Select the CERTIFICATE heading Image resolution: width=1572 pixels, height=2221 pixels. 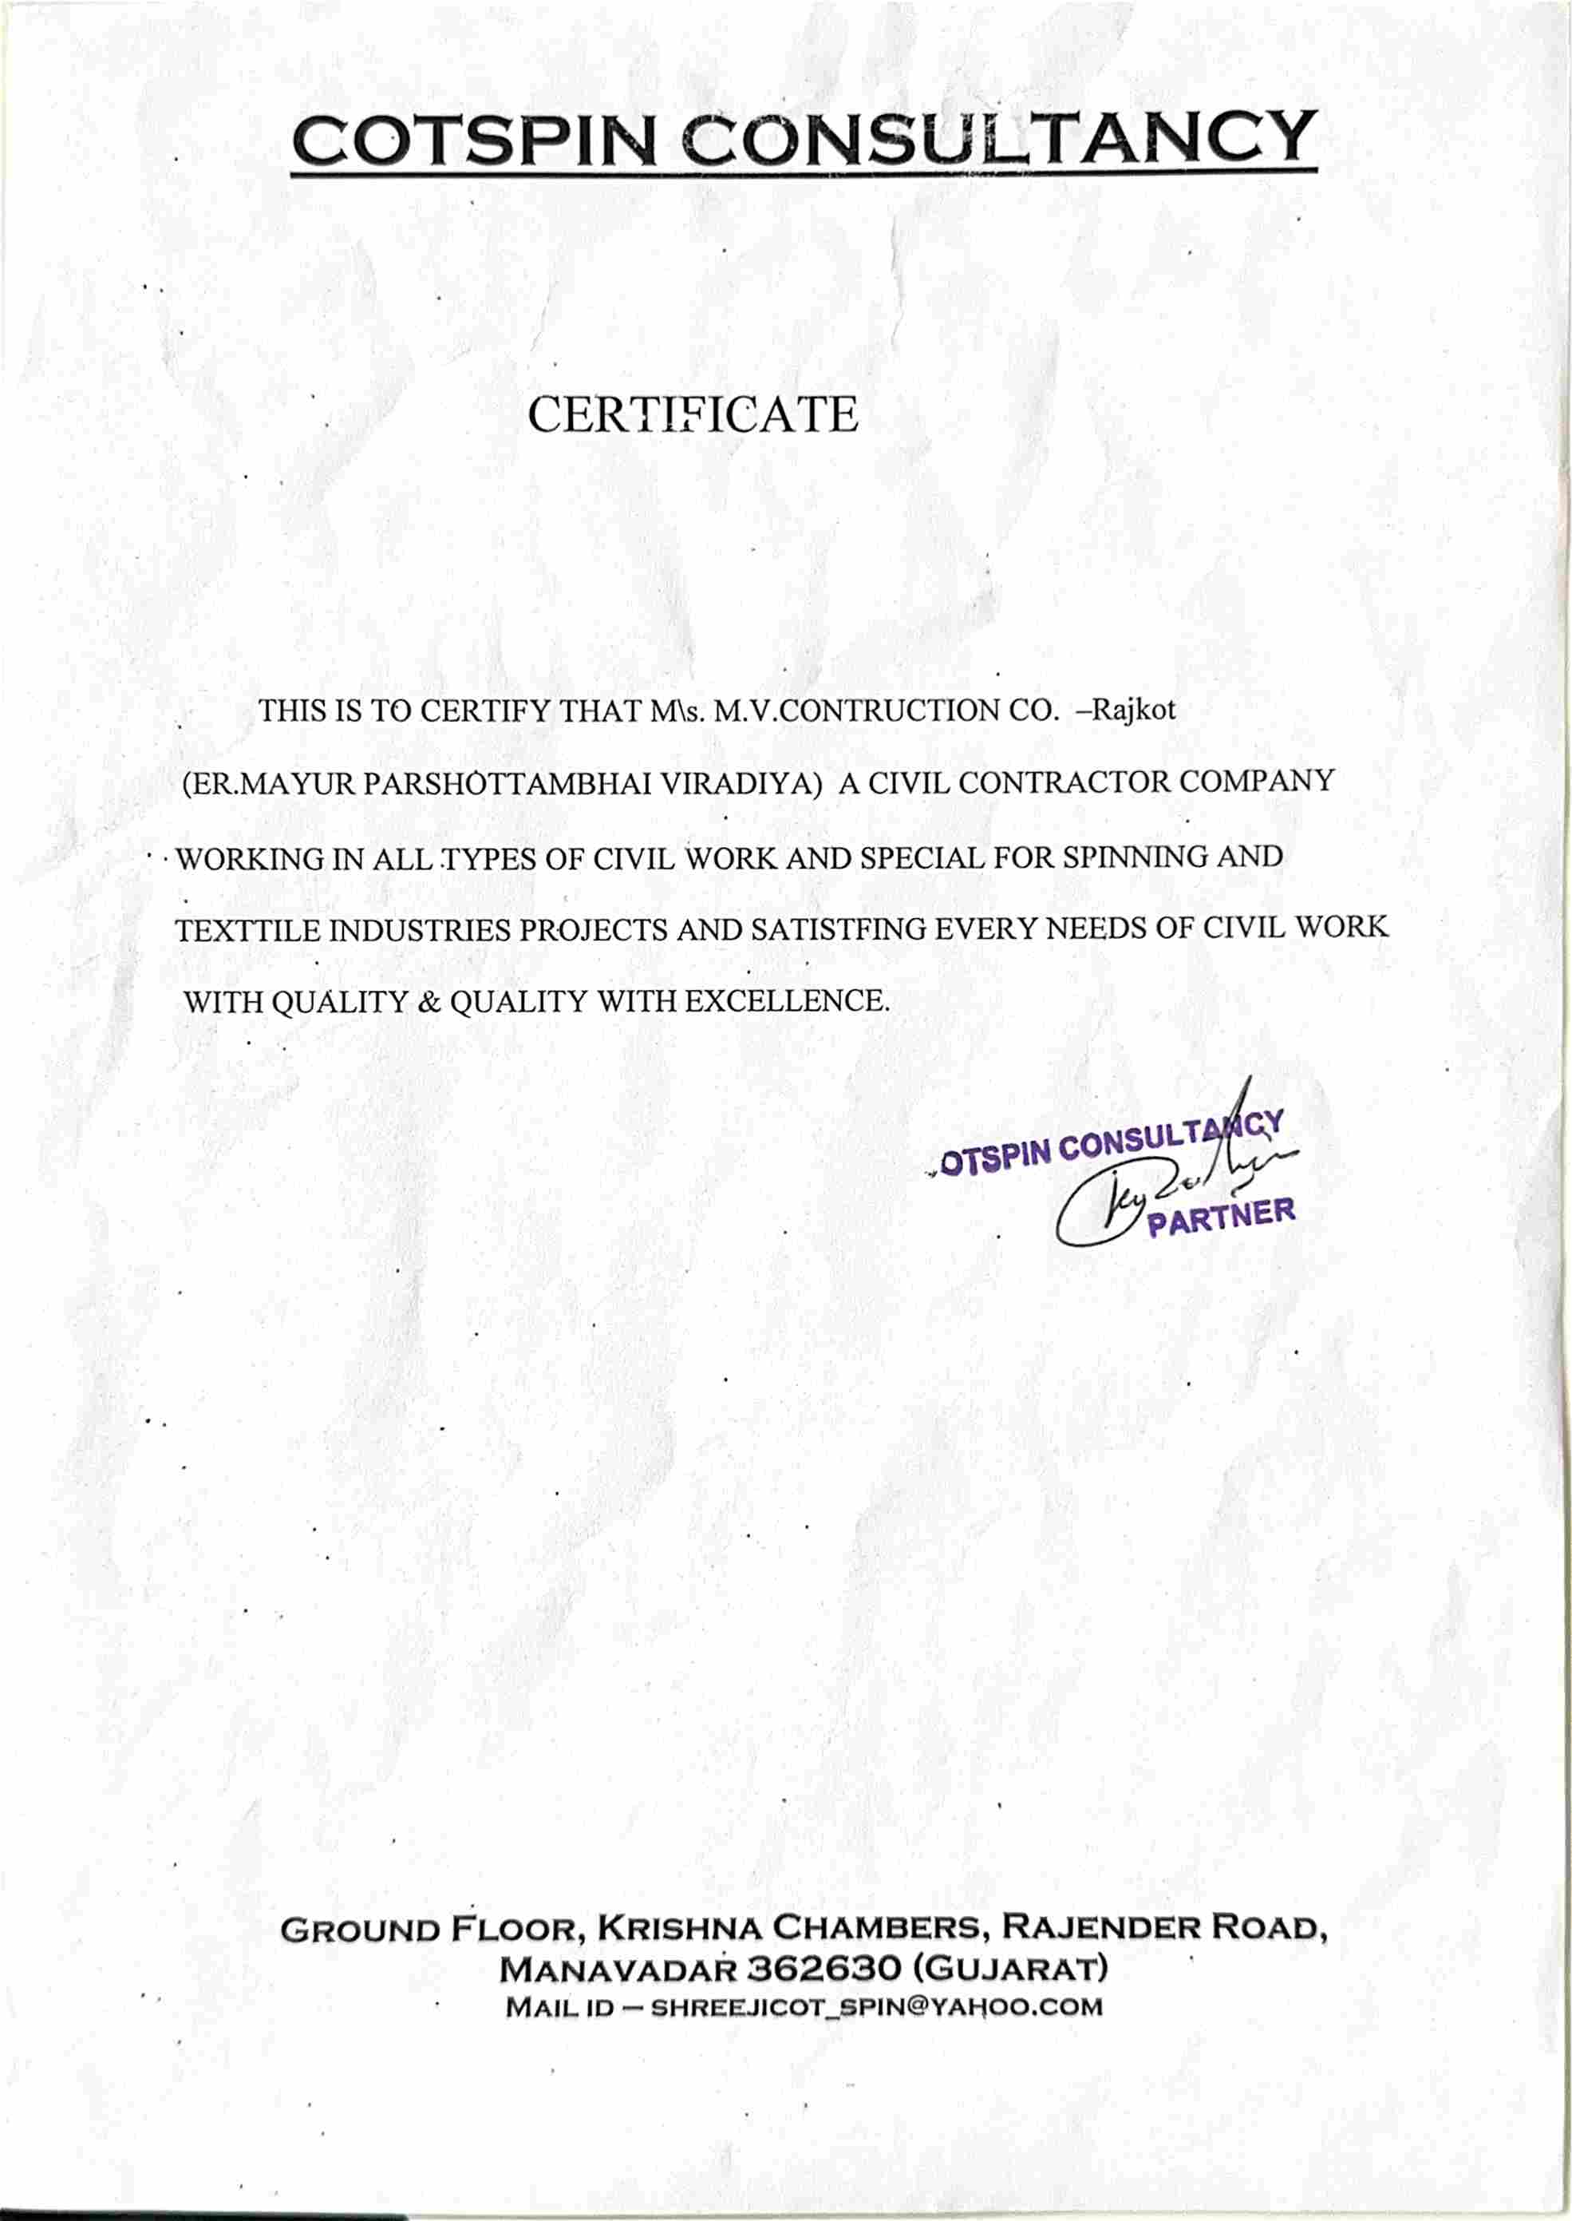(693, 414)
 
